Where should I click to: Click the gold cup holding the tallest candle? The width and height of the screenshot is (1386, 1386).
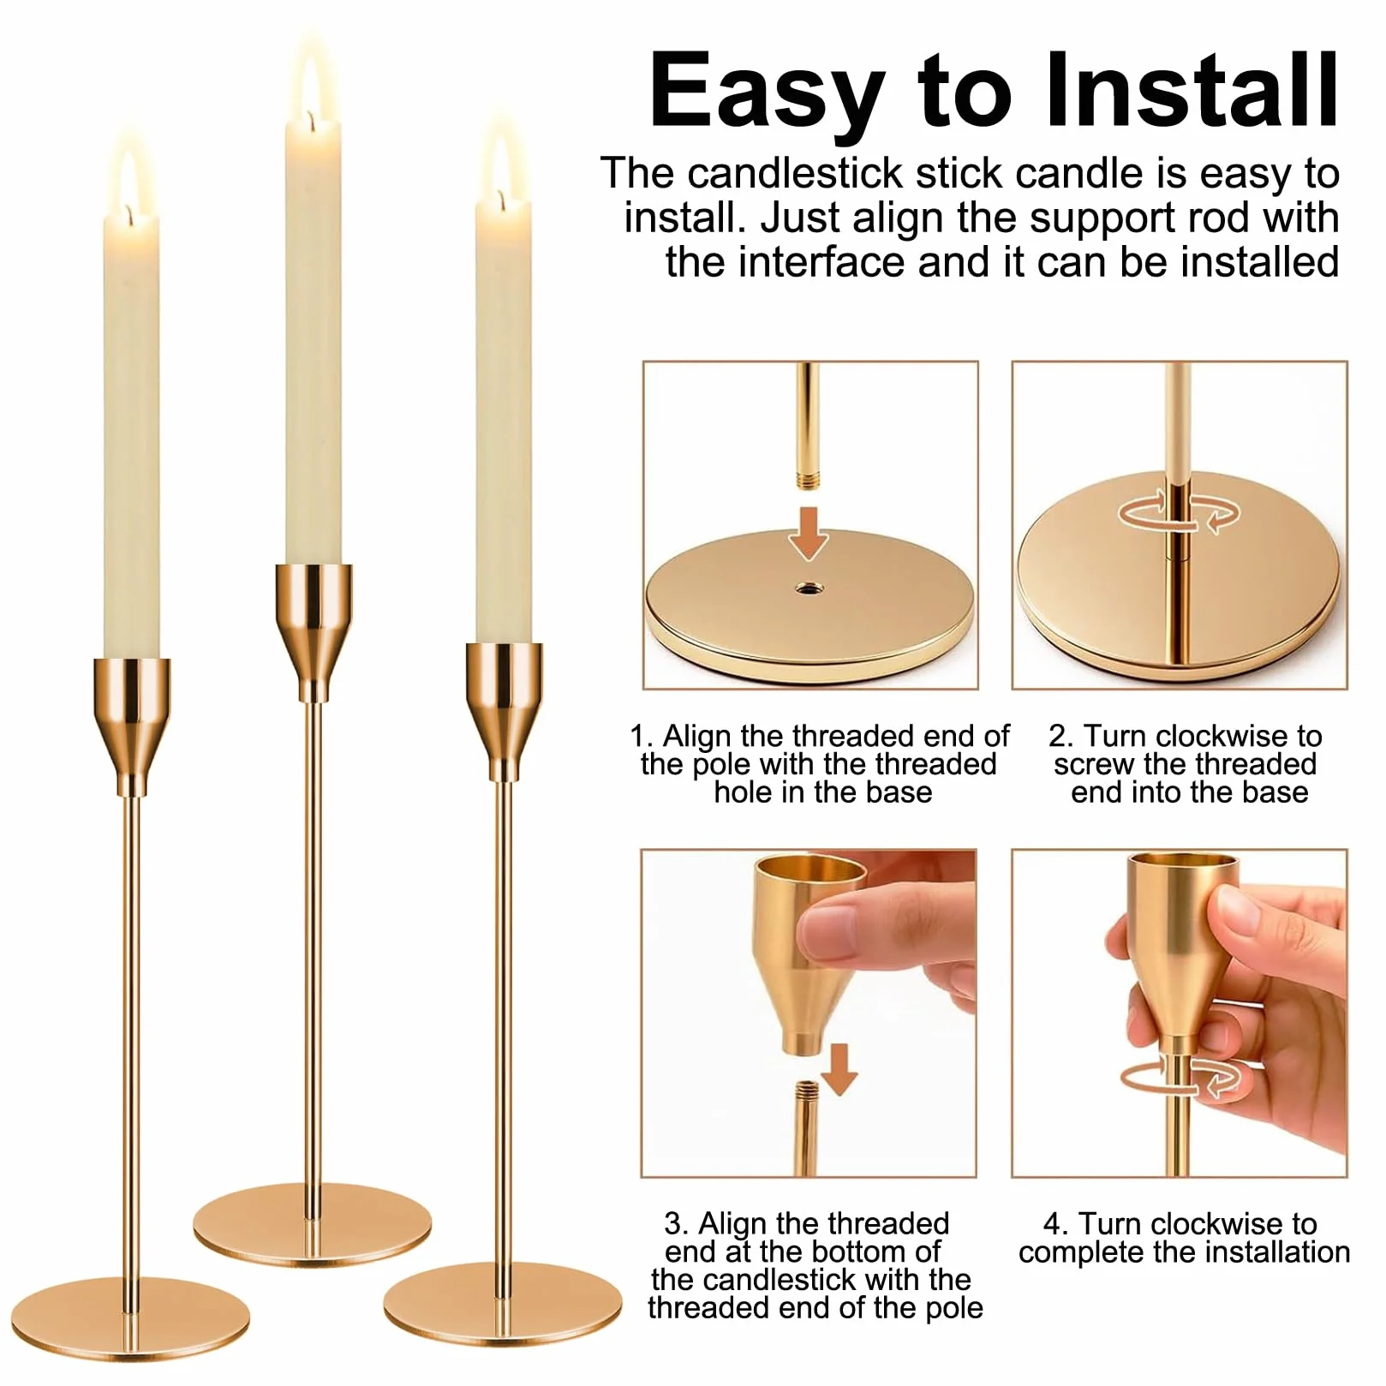coord(314,630)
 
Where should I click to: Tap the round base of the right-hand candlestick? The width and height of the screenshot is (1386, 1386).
coord(502,1302)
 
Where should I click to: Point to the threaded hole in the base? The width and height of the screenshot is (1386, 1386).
coord(807,588)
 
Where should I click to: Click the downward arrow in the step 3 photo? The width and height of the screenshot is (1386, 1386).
coord(839,1068)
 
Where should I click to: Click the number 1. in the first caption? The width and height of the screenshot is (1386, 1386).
coord(642,736)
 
